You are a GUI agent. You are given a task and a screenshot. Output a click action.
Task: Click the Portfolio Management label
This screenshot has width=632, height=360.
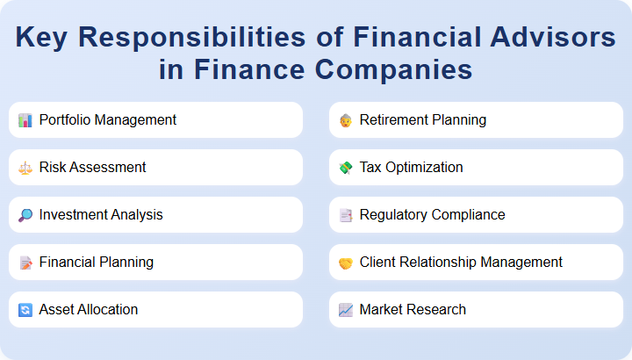pyautogui.click(x=108, y=119)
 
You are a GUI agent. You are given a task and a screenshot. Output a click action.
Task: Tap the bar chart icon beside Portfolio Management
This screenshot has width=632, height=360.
pyautogui.click(x=25, y=120)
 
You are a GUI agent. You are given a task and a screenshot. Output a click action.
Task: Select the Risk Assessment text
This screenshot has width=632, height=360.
pyautogui.click(x=92, y=167)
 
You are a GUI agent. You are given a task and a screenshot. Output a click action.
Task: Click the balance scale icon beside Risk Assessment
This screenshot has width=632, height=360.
pyautogui.click(x=25, y=168)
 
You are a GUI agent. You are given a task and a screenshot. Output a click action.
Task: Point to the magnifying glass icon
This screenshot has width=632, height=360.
pyautogui.click(x=25, y=215)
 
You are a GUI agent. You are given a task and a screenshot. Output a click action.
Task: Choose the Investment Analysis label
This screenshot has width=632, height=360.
pyautogui.click(x=101, y=214)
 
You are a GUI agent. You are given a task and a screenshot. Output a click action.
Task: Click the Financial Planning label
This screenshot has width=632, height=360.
pyautogui.click(x=97, y=262)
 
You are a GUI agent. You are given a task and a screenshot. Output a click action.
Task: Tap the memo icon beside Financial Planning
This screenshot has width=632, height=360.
pyautogui.click(x=25, y=263)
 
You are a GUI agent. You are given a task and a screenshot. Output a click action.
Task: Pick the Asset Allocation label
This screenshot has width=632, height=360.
pyautogui.click(x=89, y=309)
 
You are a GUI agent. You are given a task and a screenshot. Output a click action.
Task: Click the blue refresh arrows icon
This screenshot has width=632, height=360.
pyautogui.click(x=25, y=310)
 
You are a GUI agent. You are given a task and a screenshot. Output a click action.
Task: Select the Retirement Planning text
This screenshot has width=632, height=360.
pyautogui.click(x=423, y=119)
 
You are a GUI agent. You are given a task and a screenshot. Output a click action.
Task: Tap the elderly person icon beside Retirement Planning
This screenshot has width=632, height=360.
pyautogui.click(x=346, y=120)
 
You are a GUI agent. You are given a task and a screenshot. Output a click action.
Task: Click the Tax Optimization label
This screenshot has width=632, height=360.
pyautogui.click(x=412, y=167)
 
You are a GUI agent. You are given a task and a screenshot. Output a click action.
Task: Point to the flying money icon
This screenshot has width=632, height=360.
pyautogui.click(x=346, y=168)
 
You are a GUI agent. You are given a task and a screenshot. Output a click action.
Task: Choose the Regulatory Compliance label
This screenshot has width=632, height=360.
pyautogui.click(x=433, y=214)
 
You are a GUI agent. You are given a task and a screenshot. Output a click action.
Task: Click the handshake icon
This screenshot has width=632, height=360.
pyautogui.click(x=346, y=263)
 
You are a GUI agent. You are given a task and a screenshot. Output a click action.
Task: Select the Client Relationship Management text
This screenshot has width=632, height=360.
pyautogui.click(x=461, y=262)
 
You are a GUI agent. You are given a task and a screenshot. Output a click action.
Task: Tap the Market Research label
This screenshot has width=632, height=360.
pyautogui.click(x=413, y=309)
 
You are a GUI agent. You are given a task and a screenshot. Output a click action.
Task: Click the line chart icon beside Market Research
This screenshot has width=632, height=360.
pyautogui.click(x=346, y=310)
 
